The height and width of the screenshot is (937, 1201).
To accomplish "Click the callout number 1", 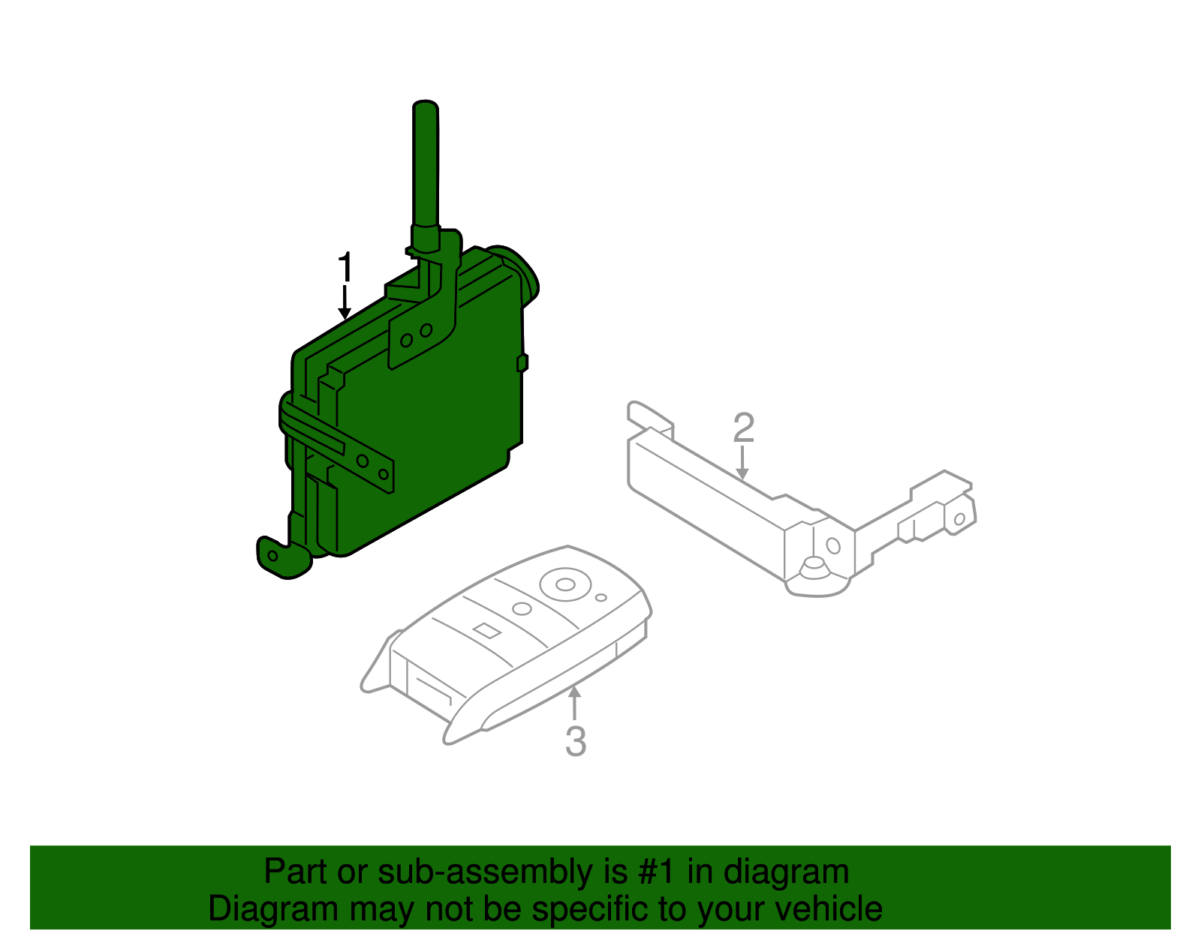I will coord(345,268).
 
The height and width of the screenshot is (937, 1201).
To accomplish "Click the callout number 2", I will coord(743,428).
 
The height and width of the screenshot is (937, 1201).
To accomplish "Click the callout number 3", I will coord(575,740).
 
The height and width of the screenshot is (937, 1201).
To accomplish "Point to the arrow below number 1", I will coord(345,303).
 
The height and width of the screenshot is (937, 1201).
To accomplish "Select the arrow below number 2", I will coord(742,462).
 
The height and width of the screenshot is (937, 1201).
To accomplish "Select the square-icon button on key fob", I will coord(486,630).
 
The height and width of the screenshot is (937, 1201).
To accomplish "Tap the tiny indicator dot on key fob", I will coord(600,598).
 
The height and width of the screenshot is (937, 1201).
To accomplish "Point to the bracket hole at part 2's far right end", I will coord(959,519).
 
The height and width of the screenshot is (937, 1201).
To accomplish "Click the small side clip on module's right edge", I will coord(522,363).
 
